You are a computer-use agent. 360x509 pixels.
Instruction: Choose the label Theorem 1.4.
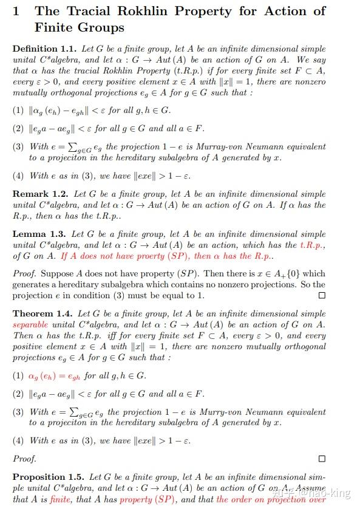click(42, 314)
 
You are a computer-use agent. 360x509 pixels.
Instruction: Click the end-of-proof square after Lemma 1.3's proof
click(322, 295)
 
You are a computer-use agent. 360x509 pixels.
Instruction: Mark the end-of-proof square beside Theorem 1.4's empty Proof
click(322, 459)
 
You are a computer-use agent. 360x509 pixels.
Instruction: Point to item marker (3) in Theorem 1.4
click(19, 412)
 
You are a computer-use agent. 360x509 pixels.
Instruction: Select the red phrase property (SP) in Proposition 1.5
click(145, 499)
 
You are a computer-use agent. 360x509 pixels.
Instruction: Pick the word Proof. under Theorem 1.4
click(25, 459)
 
